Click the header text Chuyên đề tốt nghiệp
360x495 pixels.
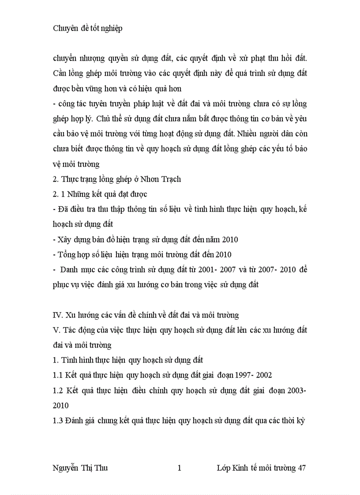(x=87, y=28)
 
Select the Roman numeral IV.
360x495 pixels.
(x=57, y=315)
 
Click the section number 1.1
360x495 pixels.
(x=58, y=375)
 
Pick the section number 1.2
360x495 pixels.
(x=58, y=390)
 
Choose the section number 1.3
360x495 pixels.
(x=58, y=421)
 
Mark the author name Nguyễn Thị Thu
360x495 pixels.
(x=80, y=468)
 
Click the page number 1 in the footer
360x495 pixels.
(x=180, y=468)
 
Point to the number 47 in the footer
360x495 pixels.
(x=302, y=468)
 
